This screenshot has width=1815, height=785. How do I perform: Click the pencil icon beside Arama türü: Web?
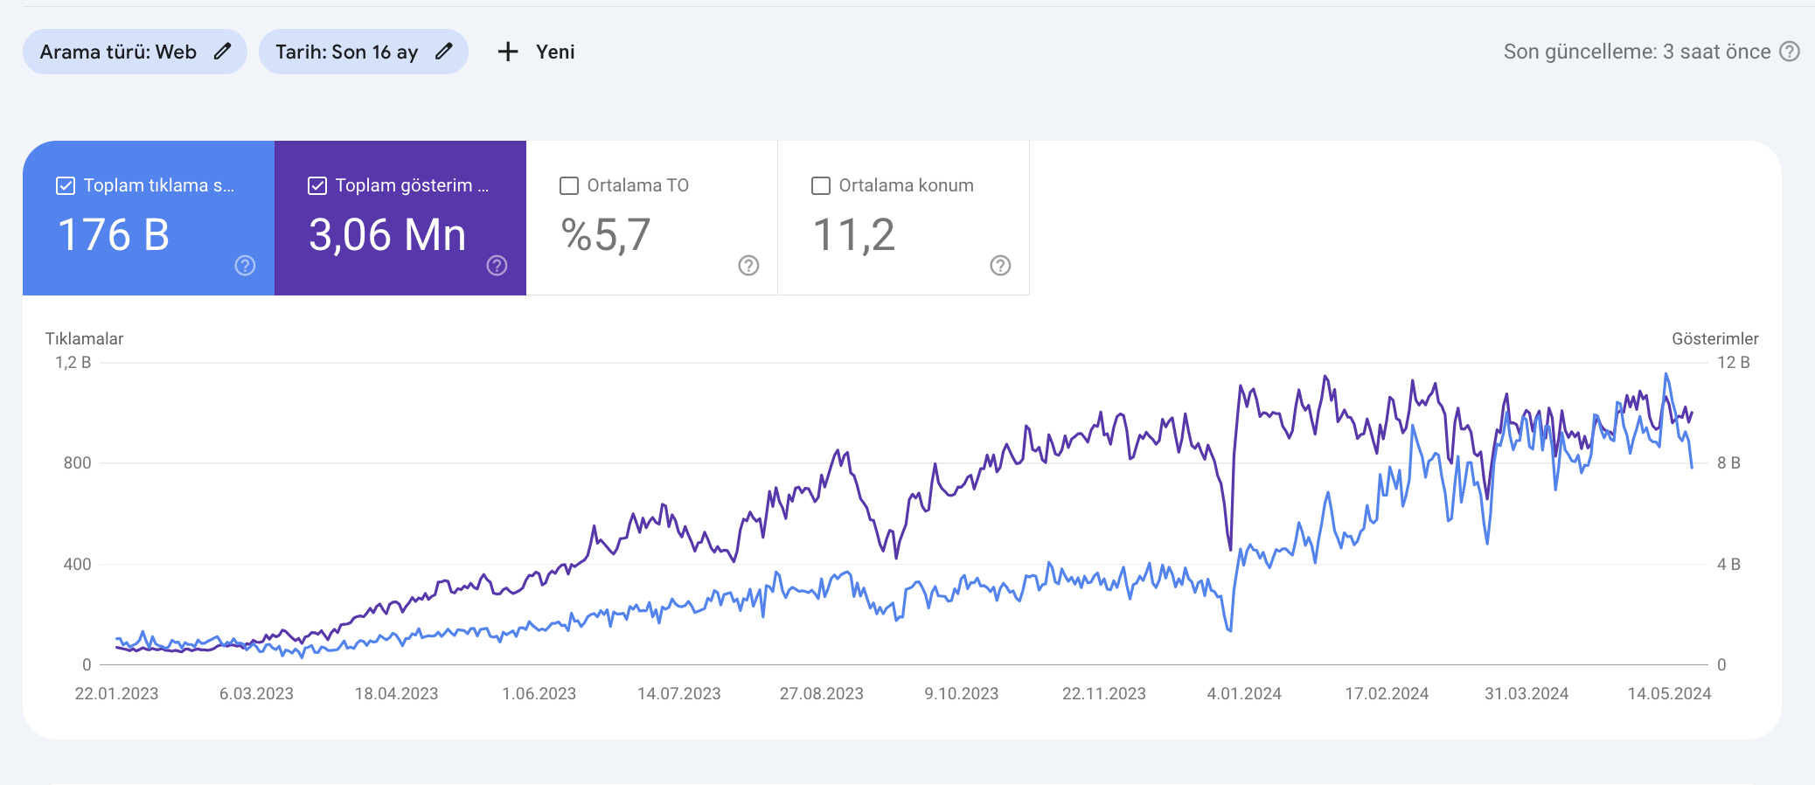tap(223, 51)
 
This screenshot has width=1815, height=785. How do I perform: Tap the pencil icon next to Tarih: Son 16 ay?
tap(444, 51)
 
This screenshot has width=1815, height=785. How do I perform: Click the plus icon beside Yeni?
tap(508, 52)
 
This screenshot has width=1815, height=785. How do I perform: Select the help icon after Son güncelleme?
tap(1790, 52)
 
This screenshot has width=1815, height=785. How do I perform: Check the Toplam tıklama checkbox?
tap(66, 185)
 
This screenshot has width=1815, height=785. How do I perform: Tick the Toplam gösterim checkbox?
tap(317, 185)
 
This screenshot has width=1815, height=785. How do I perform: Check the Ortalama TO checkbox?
tap(569, 185)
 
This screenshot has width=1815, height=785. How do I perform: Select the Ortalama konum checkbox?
tap(821, 185)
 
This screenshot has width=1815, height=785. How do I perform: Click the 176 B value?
tap(114, 235)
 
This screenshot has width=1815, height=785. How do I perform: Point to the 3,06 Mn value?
tap(387, 235)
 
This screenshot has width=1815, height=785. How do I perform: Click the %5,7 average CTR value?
tap(606, 235)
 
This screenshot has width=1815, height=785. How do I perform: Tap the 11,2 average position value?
tap(854, 235)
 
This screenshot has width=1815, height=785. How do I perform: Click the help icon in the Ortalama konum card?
tap(1000, 266)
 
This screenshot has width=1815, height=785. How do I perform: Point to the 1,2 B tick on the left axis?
tap(73, 363)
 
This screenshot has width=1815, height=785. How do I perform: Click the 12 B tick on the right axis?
tap(1734, 363)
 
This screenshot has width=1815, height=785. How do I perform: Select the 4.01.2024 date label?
tap(1244, 694)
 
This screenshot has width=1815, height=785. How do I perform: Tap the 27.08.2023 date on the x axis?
tap(822, 694)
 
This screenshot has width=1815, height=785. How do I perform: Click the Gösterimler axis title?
tap(1715, 339)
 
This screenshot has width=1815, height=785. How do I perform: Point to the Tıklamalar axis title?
tap(85, 339)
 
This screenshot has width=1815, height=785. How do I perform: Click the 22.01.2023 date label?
tap(117, 694)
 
